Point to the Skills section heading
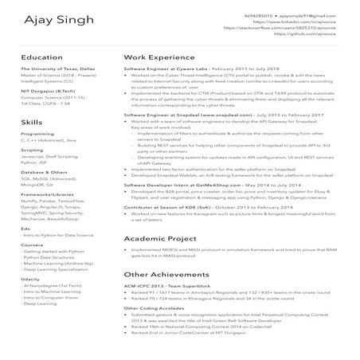(x=32, y=123)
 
